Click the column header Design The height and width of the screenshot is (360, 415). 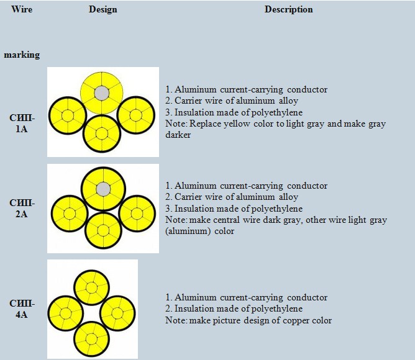(103, 10)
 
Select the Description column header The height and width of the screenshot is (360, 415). (288, 10)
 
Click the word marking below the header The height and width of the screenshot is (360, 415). (22, 55)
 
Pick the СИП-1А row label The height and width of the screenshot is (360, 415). (22, 124)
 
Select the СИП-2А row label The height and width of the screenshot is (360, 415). (22, 209)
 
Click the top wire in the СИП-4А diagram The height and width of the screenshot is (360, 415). (92, 287)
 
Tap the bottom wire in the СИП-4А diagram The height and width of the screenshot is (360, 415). (92, 339)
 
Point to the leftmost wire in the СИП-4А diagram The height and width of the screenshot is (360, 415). (66, 313)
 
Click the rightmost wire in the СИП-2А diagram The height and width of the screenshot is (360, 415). (137, 213)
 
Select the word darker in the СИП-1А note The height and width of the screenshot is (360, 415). (179, 135)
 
